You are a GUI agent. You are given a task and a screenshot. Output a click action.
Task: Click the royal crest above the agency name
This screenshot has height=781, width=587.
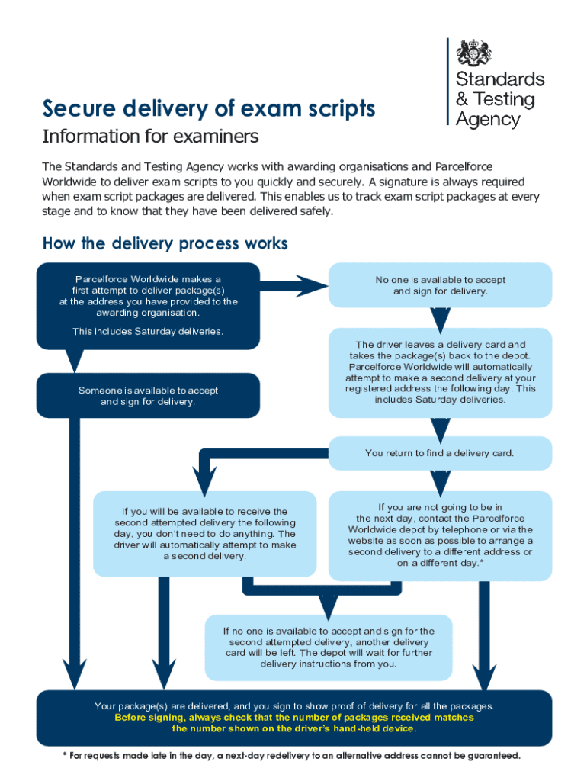coord(474,53)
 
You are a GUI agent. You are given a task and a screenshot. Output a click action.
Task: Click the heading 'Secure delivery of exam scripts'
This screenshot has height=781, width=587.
coord(209,109)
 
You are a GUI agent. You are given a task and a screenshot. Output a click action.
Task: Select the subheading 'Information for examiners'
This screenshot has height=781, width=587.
coord(150,137)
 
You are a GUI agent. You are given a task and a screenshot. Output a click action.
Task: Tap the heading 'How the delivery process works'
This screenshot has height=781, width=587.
coord(165,243)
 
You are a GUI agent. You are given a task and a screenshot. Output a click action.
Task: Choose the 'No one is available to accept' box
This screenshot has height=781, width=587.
coord(440,285)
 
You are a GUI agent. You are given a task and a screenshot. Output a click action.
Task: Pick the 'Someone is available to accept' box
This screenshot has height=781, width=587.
coord(148,395)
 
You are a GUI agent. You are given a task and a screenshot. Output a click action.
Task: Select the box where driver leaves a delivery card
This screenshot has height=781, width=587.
coord(440,372)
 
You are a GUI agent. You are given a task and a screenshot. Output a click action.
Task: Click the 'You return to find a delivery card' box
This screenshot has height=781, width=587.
coord(440,453)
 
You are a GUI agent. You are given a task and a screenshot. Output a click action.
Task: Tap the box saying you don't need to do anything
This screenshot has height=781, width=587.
coord(205,533)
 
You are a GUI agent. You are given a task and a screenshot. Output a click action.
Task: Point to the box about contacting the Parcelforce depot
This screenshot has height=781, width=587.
coord(440,535)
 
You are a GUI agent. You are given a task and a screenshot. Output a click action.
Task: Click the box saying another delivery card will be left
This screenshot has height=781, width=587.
coord(329,647)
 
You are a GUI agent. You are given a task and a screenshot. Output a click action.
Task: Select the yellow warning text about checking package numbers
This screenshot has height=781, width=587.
coord(293,723)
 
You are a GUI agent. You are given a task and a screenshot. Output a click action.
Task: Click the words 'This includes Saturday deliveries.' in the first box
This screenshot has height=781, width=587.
coord(148,331)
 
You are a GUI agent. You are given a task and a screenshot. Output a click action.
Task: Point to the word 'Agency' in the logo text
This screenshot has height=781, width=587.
coord(488,119)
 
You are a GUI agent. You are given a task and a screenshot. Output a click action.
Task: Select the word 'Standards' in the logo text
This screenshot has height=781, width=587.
coord(500,79)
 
